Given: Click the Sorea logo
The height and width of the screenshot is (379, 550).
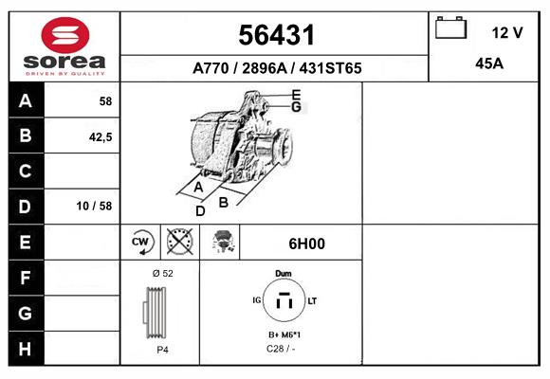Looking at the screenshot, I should coord(64,46).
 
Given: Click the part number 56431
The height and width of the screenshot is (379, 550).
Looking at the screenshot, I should coord(275,34).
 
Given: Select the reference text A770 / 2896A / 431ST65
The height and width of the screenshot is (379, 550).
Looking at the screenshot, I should coord(276,68).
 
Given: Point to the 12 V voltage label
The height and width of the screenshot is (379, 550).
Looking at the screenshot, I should coord(507,32).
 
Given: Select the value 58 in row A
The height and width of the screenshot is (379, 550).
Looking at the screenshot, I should coord(104,100).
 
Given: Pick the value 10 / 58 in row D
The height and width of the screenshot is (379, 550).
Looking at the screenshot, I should coord(99,207).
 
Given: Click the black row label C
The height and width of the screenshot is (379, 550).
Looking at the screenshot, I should coord(24,171).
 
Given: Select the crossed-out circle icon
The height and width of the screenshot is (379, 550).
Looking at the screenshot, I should coord(178,243).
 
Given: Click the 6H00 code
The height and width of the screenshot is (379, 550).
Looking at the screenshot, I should coord(306,244).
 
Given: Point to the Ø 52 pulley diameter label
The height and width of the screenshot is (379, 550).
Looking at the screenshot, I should coord(161,273).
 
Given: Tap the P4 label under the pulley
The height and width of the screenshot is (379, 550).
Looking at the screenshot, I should coord(161,350).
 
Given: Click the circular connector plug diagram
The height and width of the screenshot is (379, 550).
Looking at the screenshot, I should coord(283,301).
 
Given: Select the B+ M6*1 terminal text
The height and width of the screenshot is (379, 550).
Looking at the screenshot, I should coord(283,335).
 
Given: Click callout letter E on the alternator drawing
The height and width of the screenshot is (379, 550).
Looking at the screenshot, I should coord(296,94).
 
